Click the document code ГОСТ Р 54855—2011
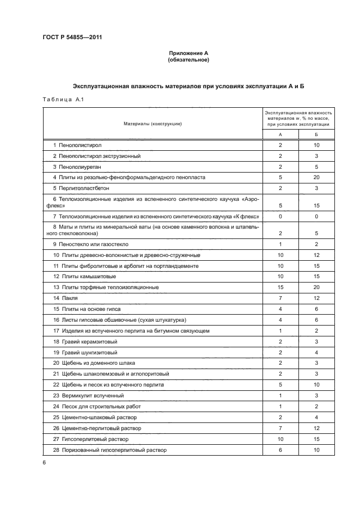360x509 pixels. click(x=72, y=38)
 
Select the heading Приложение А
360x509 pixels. click(x=188, y=53)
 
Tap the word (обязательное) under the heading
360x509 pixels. click(x=188, y=60)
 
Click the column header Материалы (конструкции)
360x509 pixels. click(x=152, y=124)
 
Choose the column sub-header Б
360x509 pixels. click(x=316, y=134)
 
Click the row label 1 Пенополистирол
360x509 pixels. click(x=77, y=145)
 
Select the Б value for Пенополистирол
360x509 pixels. click(x=316, y=145)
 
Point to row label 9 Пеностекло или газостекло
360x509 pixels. click(x=91, y=244)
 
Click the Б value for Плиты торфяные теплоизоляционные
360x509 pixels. click(x=316, y=287)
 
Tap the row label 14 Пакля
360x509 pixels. click(x=65, y=298)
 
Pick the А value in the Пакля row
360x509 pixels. click(x=280, y=298)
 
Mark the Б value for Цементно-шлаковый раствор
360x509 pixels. click(x=316, y=417)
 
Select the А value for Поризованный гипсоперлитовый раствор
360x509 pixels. click(x=280, y=450)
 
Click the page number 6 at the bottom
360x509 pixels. click(x=44, y=463)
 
